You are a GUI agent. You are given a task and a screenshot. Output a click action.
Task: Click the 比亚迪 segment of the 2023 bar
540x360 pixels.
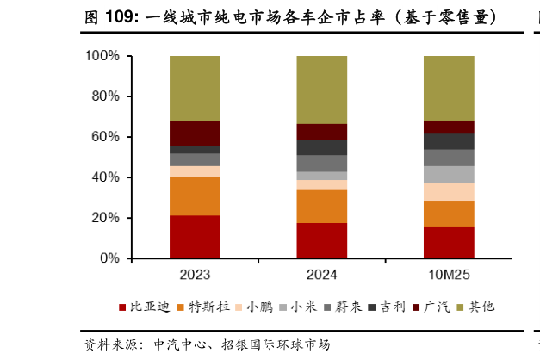[195, 236]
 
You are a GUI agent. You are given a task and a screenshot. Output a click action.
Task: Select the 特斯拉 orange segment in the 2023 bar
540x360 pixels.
[195, 196]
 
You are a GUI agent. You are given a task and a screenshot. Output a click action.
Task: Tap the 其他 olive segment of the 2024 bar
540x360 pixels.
[321, 90]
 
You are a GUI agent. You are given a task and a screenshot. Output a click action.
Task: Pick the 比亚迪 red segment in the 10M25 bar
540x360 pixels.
[449, 242]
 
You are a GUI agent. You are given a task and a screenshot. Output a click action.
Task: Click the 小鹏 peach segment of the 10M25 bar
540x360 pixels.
[449, 191]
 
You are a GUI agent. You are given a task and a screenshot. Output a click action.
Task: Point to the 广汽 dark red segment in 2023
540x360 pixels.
[195, 133]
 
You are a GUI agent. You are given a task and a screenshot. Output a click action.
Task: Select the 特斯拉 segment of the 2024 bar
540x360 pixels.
[321, 206]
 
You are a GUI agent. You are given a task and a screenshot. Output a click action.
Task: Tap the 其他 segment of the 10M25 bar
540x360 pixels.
[449, 88]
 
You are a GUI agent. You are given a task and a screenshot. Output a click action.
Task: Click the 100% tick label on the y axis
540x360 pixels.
[102, 56]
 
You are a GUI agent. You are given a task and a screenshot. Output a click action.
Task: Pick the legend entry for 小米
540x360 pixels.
[307, 307]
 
